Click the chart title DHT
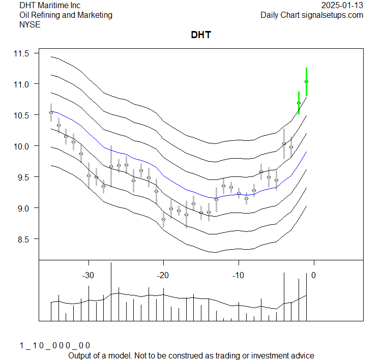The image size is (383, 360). click(x=201, y=35)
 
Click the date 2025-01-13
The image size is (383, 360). click(x=342, y=5)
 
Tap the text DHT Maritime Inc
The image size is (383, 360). click(x=50, y=5)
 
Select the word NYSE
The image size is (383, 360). click(x=30, y=24)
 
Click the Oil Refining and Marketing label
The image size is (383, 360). click(x=66, y=15)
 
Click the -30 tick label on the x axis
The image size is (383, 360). click(x=89, y=275)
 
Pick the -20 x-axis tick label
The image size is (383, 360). click(x=163, y=275)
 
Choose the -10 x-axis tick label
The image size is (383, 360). click(x=238, y=275)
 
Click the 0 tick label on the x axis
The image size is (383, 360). click(x=313, y=275)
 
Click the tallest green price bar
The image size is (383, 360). click(x=306, y=81)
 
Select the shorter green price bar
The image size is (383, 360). click(x=299, y=103)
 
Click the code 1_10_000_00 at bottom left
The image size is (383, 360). click(x=54, y=346)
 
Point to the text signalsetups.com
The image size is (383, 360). click(x=333, y=15)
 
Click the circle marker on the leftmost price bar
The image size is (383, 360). click(x=51, y=112)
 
